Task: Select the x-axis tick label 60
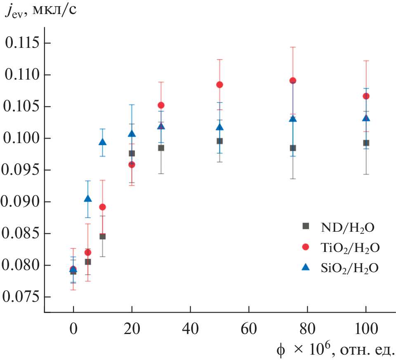249,330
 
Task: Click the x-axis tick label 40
190,330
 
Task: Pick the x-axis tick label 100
365,330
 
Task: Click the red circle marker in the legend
306,247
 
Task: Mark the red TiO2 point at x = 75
293,80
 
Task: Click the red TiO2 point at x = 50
219,85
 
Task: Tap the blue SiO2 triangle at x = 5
88,199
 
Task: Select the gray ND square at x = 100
366,143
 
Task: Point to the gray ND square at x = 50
219,141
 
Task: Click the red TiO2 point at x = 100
366,96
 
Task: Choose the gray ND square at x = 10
103,236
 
